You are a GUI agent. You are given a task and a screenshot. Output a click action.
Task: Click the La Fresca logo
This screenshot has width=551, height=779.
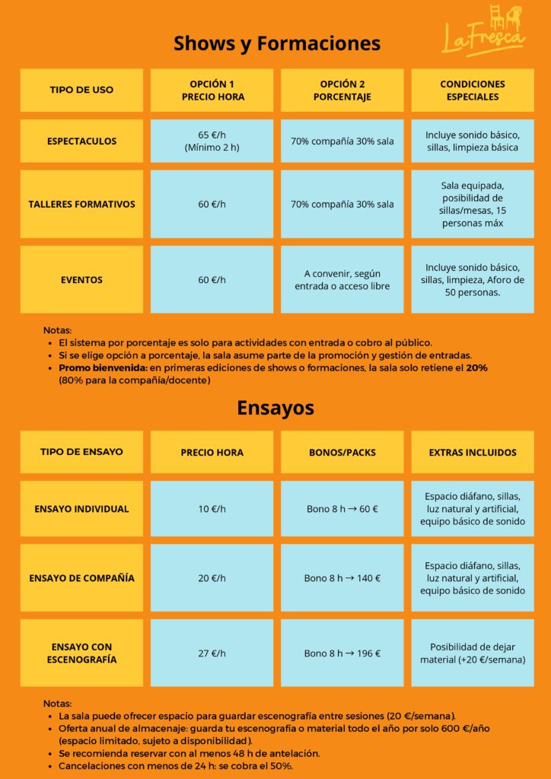[x=484, y=30]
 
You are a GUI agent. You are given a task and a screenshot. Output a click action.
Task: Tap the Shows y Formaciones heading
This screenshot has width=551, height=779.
[x=277, y=43]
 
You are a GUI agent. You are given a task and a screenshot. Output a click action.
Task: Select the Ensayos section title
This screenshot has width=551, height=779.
[x=275, y=408]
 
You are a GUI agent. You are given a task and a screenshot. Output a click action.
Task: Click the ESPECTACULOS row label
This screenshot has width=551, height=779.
[x=81, y=141]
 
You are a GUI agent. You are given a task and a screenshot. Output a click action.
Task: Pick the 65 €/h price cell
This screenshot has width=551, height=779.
[x=212, y=141]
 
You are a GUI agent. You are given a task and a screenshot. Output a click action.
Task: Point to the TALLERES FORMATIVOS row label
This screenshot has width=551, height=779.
[x=81, y=204]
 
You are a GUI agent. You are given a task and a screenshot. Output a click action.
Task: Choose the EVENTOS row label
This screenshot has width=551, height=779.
[x=81, y=279]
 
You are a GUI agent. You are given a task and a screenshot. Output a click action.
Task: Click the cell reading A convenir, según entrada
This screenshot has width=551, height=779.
[x=342, y=279]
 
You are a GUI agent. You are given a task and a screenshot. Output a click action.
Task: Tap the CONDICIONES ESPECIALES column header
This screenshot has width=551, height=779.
[x=473, y=90]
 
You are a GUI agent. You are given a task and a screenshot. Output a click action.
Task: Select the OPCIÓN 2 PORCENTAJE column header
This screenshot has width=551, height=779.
[x=342, y=90]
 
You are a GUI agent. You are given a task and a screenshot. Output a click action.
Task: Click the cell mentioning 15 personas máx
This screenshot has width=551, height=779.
[x=473, y=204]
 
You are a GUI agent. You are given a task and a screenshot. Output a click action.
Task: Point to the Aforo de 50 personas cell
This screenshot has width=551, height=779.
[x=473, y=279]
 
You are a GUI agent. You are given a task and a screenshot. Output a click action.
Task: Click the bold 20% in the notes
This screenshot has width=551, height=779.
[x=477, y=367]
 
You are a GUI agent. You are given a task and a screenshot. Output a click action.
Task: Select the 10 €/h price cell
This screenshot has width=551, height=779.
[x=212, y=509]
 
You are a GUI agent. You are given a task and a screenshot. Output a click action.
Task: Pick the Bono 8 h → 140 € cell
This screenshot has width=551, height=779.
[x=342, y=578]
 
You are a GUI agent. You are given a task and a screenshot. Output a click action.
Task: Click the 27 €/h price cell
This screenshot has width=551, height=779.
[x=212, y=653]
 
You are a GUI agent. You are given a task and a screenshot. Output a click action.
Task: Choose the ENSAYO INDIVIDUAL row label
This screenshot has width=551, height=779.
[x=81, y=509]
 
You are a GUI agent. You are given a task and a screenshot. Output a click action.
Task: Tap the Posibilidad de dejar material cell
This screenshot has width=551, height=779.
[x=473, y=653]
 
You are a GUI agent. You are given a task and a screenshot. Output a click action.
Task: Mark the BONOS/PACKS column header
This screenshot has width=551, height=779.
[x=342, y=452]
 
